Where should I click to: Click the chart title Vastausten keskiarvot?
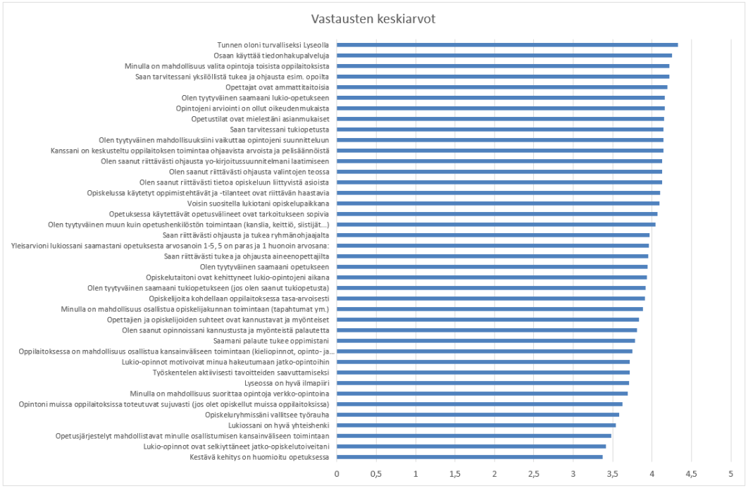374,19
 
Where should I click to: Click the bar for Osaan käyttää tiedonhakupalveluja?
504,55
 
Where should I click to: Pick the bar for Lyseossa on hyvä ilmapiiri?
483,383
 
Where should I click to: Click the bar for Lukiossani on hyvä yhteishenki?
476,425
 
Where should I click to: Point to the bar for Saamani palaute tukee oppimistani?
486,341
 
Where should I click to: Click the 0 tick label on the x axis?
337,473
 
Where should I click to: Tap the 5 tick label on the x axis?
730,473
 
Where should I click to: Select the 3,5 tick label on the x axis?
613,473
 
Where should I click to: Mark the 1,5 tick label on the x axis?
455,473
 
